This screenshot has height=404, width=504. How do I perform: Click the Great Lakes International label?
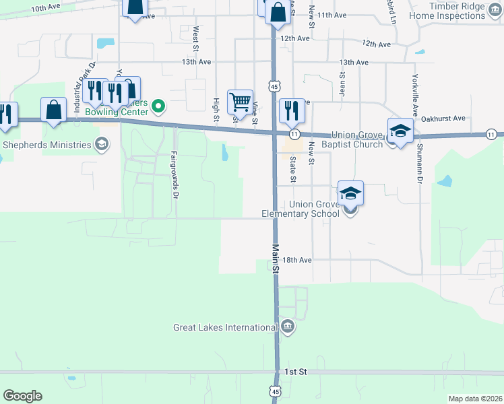[225, 328]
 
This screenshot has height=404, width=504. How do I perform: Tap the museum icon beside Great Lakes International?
[288, 328]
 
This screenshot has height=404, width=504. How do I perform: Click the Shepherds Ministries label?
[47, 145]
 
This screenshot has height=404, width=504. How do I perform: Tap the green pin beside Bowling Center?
[159, 106]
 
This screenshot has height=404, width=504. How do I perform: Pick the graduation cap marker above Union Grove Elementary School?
[350, 194]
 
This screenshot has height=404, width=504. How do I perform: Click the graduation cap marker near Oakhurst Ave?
[400, 131]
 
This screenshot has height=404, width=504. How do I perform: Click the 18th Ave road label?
[296, 260]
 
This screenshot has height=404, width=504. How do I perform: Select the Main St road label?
[276, 258]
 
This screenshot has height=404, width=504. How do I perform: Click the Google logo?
[22, 396]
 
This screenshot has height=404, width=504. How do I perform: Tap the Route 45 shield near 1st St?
[275, 390]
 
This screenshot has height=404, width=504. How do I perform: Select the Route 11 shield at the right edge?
[492, 134]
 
